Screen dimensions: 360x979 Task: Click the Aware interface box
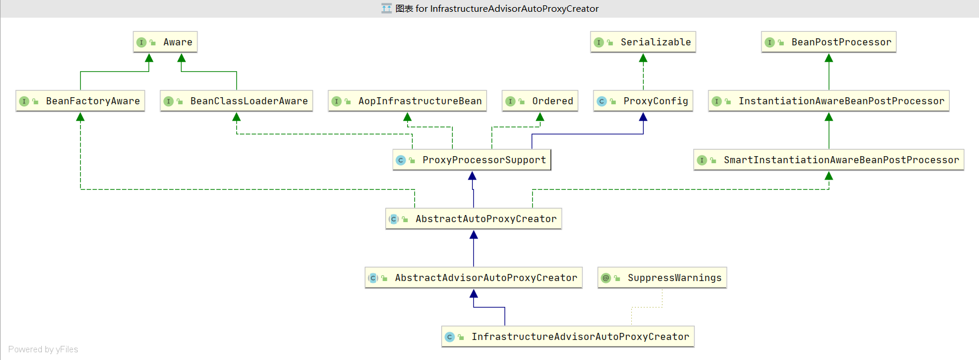pos(165,42)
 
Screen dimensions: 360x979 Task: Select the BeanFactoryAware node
pos(81,101)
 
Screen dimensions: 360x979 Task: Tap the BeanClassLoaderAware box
pos(236,101)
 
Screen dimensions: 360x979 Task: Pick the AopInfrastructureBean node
pos(407,101)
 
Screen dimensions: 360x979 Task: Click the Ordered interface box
pos(540,101)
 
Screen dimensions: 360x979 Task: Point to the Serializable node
pos(643,42)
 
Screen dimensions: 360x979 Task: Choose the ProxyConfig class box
pos(643,101)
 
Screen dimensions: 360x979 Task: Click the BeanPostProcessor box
pos(829,42)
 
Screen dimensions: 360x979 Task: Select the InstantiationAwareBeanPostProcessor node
pos(829,101)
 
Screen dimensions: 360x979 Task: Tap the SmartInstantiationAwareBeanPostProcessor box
pos(829,160)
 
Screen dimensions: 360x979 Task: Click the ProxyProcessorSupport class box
pos(472,160)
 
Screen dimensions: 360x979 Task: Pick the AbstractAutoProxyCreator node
pos(474,219)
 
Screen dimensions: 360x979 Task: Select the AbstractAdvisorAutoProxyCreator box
pos(474,278)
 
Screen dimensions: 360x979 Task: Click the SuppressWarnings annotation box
pos(662,278)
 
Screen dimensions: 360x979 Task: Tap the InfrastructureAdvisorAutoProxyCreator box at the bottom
pos(568,337)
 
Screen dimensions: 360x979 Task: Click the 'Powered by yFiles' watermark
pos(43,349)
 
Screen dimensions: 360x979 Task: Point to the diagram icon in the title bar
pos(387,8)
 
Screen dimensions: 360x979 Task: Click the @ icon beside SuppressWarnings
pos(606,278)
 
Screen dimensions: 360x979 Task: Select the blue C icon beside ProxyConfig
pos(601,101)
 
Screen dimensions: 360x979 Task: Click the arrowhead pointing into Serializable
pos(643,58)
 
